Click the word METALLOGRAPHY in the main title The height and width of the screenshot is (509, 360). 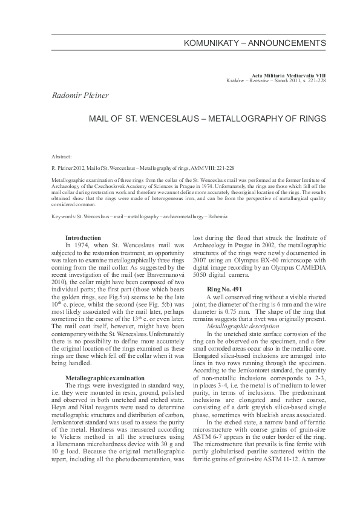(245, 119)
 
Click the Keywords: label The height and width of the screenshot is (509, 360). (64, 216)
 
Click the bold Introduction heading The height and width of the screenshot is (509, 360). (83, 238)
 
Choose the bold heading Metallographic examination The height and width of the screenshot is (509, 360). (105, 378)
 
